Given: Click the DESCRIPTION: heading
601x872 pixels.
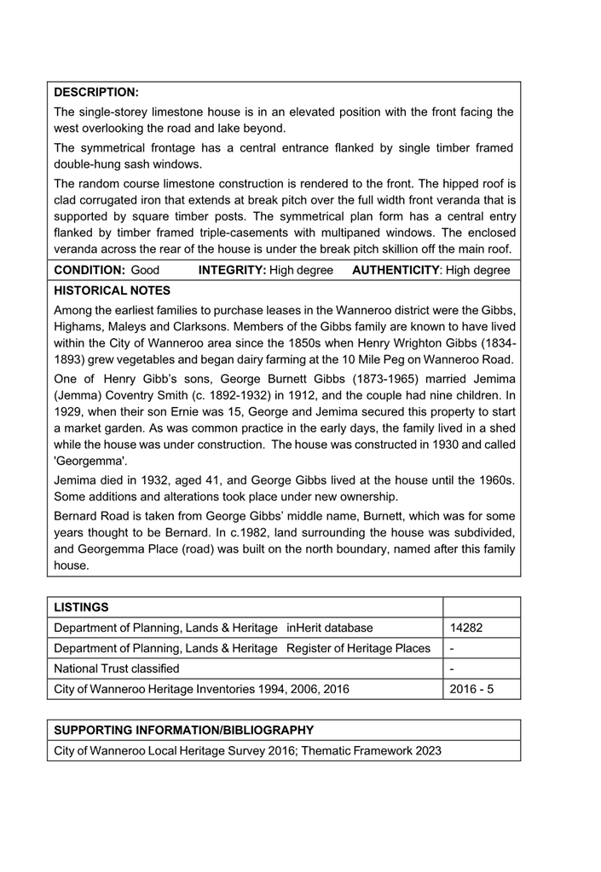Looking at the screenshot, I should (x=95, y=92).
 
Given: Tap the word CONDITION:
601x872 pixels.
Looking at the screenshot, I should (x=90, y=270).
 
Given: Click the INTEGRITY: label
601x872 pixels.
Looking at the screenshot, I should (x=232, y=270).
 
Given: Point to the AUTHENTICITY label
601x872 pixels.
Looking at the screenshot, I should (x=395, y=270).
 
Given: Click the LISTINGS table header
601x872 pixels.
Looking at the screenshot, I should (x=81, y=606).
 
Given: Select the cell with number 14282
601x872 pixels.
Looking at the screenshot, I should (x=466, y=628).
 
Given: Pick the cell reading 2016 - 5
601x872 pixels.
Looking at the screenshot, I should (x=471, y=689).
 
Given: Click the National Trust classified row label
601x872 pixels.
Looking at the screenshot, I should (x=117, y=668).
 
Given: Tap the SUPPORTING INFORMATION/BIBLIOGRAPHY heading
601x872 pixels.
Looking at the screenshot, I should (x=183, y=730).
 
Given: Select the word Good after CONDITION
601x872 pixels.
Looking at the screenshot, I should (x=145, y=270).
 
